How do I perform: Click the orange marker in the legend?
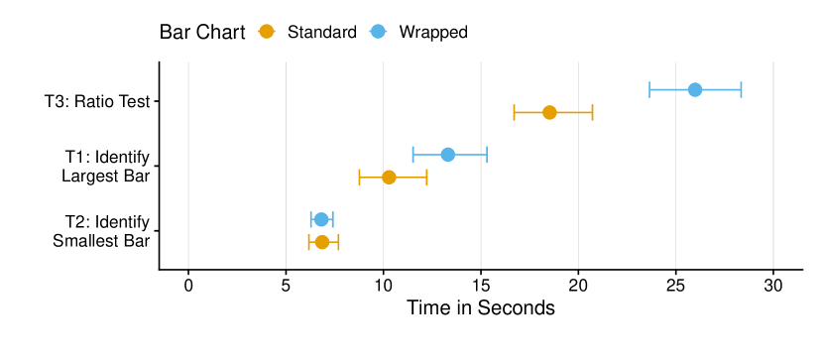click(266, 31)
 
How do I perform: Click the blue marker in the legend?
click(378, 31)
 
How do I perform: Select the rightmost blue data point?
click(695, 89)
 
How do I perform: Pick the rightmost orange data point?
click(549, 112)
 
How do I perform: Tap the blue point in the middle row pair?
click(447, 154)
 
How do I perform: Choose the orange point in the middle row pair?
click(389, 177)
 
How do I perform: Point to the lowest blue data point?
click(321, 219)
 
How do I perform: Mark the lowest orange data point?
click(321, 242)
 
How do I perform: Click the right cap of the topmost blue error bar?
click(741, 89)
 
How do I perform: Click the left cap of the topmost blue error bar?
click(649, 89)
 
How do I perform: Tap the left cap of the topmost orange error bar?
click(514, 112)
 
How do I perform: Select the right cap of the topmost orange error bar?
click(592, 112)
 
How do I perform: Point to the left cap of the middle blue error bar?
click(413, 154)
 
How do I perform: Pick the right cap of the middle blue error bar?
click(487, 154)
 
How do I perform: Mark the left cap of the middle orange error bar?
click(360, 177)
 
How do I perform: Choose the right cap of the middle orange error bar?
click(426, 177)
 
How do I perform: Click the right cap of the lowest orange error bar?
click(338, 242)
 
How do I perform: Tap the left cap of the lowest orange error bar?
click(308, 242)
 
